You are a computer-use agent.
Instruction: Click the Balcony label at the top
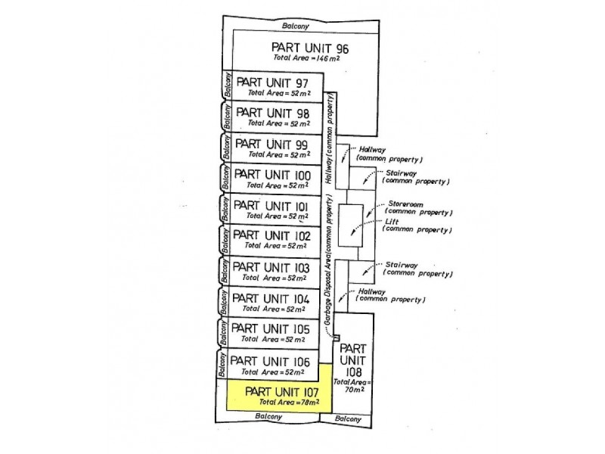(x=296, y=26)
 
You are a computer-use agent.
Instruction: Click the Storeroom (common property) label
(x=418, y=208)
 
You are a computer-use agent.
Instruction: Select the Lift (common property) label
(x=418, y=225)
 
